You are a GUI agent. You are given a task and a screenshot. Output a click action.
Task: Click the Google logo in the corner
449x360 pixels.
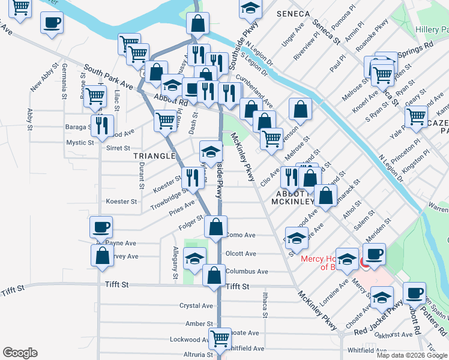[20, 353]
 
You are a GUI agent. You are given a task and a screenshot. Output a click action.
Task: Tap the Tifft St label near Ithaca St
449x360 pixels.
[237, 287]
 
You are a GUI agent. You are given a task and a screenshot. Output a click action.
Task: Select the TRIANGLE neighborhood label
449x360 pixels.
[154, 156]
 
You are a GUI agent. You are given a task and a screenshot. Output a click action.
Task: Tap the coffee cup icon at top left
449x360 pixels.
[52, 23]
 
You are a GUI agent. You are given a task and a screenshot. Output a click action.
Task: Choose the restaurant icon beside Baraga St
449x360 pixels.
[101, 125]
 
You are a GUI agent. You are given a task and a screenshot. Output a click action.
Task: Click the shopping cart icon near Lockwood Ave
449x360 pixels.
[220, 338]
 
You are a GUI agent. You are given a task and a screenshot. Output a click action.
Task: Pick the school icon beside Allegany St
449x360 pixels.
[194, 258]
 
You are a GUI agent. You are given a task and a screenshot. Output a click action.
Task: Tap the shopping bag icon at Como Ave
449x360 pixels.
[215, 227]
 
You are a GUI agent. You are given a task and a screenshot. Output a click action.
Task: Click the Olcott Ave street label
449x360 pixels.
[241, 254]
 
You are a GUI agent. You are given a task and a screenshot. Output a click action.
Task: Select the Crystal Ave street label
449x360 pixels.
[196, 305]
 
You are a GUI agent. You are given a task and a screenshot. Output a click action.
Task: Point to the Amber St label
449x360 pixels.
[196, 323]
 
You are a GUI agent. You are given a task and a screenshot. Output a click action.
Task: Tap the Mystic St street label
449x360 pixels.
[80, 143]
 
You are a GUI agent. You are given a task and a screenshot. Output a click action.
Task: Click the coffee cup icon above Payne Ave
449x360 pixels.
[100, 227]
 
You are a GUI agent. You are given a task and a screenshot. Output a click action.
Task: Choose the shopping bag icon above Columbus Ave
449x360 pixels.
[214, 275]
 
